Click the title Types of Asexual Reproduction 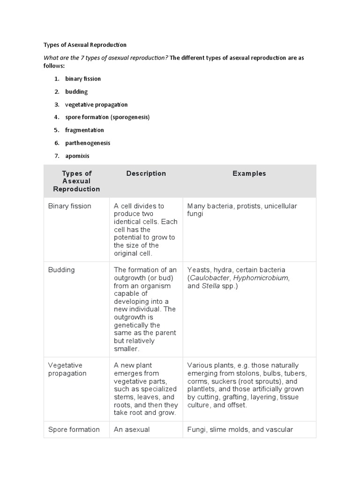coord(85,45)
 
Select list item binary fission coord(83,79)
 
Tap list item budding coord(76,92)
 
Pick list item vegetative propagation coord(96,105)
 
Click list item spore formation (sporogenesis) coord(107,117)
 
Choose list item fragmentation coord(84,130)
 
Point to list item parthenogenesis coord(88,143)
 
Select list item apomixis coord(77,156)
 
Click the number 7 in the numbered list coord(57,156)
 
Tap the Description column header coord(146,173)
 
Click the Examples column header coord(249,173)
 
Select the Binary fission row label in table coord(70,206)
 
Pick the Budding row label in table coord(61,270)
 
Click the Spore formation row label coord(74,429)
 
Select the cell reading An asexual coord(132,429)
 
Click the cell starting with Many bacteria coord(242,210)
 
